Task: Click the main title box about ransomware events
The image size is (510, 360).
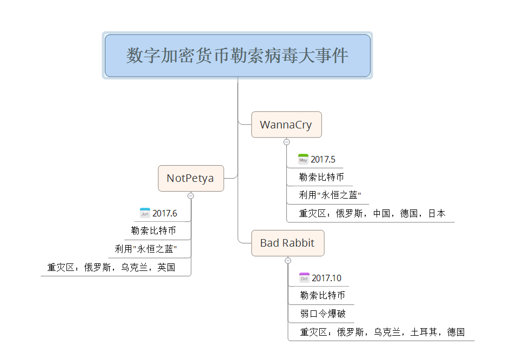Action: (238, 56)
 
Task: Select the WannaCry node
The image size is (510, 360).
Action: (286, 125)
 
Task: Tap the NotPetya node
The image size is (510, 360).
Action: (191, 178)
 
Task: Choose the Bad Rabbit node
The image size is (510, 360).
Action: (287, 243)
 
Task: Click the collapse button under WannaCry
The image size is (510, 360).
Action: (287, 142)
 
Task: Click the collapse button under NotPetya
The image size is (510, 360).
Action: (191, 195)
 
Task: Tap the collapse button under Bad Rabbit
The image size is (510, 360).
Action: (288, 260)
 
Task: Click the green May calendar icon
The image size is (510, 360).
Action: (303, 159)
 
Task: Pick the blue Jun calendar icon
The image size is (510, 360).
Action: (145, 213)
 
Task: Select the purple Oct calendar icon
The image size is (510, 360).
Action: (304, 278)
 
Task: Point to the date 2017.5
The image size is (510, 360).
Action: (323, 159)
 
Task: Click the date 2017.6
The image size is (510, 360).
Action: (165, 213)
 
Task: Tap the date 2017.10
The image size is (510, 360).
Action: (326, 278)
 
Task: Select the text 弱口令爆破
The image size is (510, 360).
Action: (323, 314)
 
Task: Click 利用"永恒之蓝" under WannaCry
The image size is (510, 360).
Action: (330, 195)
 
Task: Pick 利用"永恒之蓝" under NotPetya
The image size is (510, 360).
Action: (146, 249)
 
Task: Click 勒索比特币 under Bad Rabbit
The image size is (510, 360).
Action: (323, 295)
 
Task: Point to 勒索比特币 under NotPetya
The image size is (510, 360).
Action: (153, 230)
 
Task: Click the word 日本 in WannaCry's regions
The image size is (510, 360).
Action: (437, 213)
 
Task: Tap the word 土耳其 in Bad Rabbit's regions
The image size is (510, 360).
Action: (424, 332)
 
